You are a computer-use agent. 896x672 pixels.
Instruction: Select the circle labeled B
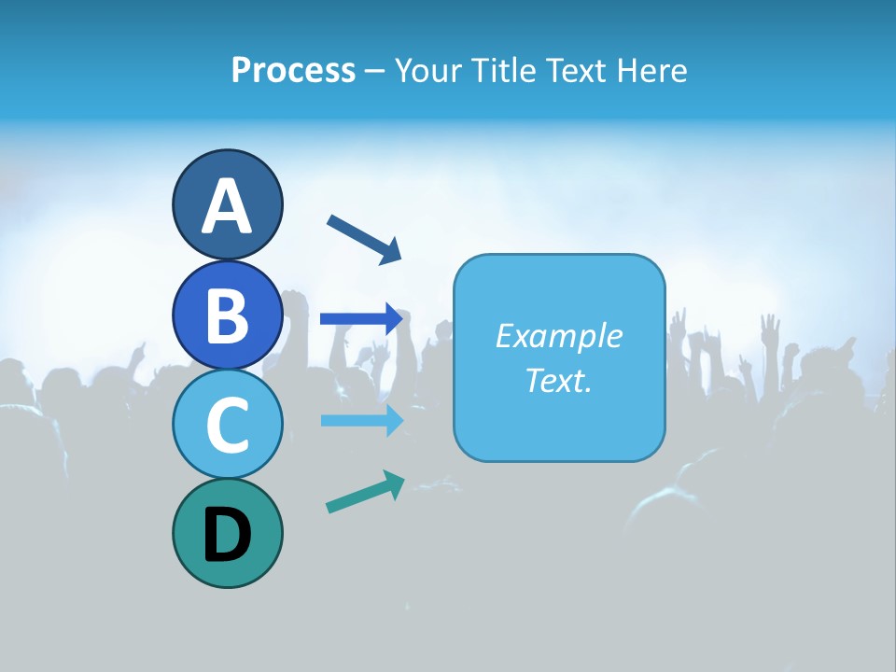(227, 315)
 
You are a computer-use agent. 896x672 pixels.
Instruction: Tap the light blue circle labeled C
(227, 425)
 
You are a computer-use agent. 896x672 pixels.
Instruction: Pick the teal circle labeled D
(227, 533)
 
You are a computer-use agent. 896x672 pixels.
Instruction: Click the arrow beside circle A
(364, 238)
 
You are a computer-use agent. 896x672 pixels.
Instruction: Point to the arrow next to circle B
(361, 318)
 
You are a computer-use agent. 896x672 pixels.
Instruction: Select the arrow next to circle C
(361, 420)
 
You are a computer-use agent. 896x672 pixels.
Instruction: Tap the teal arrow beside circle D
(365, 492)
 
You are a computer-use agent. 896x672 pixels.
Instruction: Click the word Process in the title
(293, 70)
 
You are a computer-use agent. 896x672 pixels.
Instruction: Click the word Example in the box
(559, 336)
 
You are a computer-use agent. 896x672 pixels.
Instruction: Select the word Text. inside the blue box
(559, 380)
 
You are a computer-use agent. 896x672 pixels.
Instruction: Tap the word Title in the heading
(504, 70)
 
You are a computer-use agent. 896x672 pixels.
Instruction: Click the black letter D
(227, 535)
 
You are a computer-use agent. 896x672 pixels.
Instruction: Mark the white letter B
(227, 315)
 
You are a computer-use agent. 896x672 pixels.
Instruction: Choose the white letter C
(227, 426)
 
